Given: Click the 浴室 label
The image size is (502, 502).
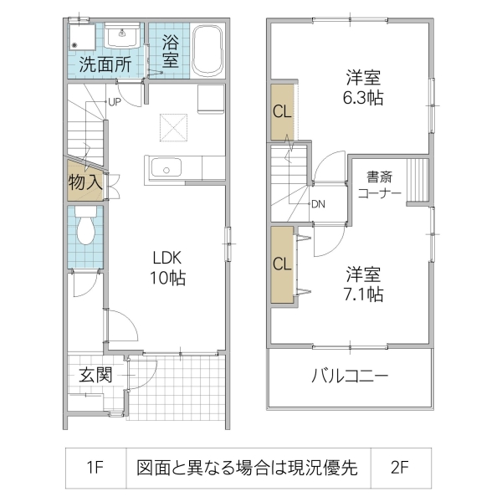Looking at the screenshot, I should (170, 50).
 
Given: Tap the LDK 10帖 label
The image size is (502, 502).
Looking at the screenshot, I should (167, 267).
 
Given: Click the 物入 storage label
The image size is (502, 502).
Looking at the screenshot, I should (85, 180).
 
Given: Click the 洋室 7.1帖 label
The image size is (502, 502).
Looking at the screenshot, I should (364, 284).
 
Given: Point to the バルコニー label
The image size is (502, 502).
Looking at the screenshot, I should (350, 376).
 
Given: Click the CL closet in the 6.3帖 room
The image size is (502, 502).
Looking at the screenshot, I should (282, 112).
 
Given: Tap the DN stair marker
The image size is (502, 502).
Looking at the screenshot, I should (318, 203).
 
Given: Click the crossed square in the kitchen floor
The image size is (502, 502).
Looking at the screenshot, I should (172, 128).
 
